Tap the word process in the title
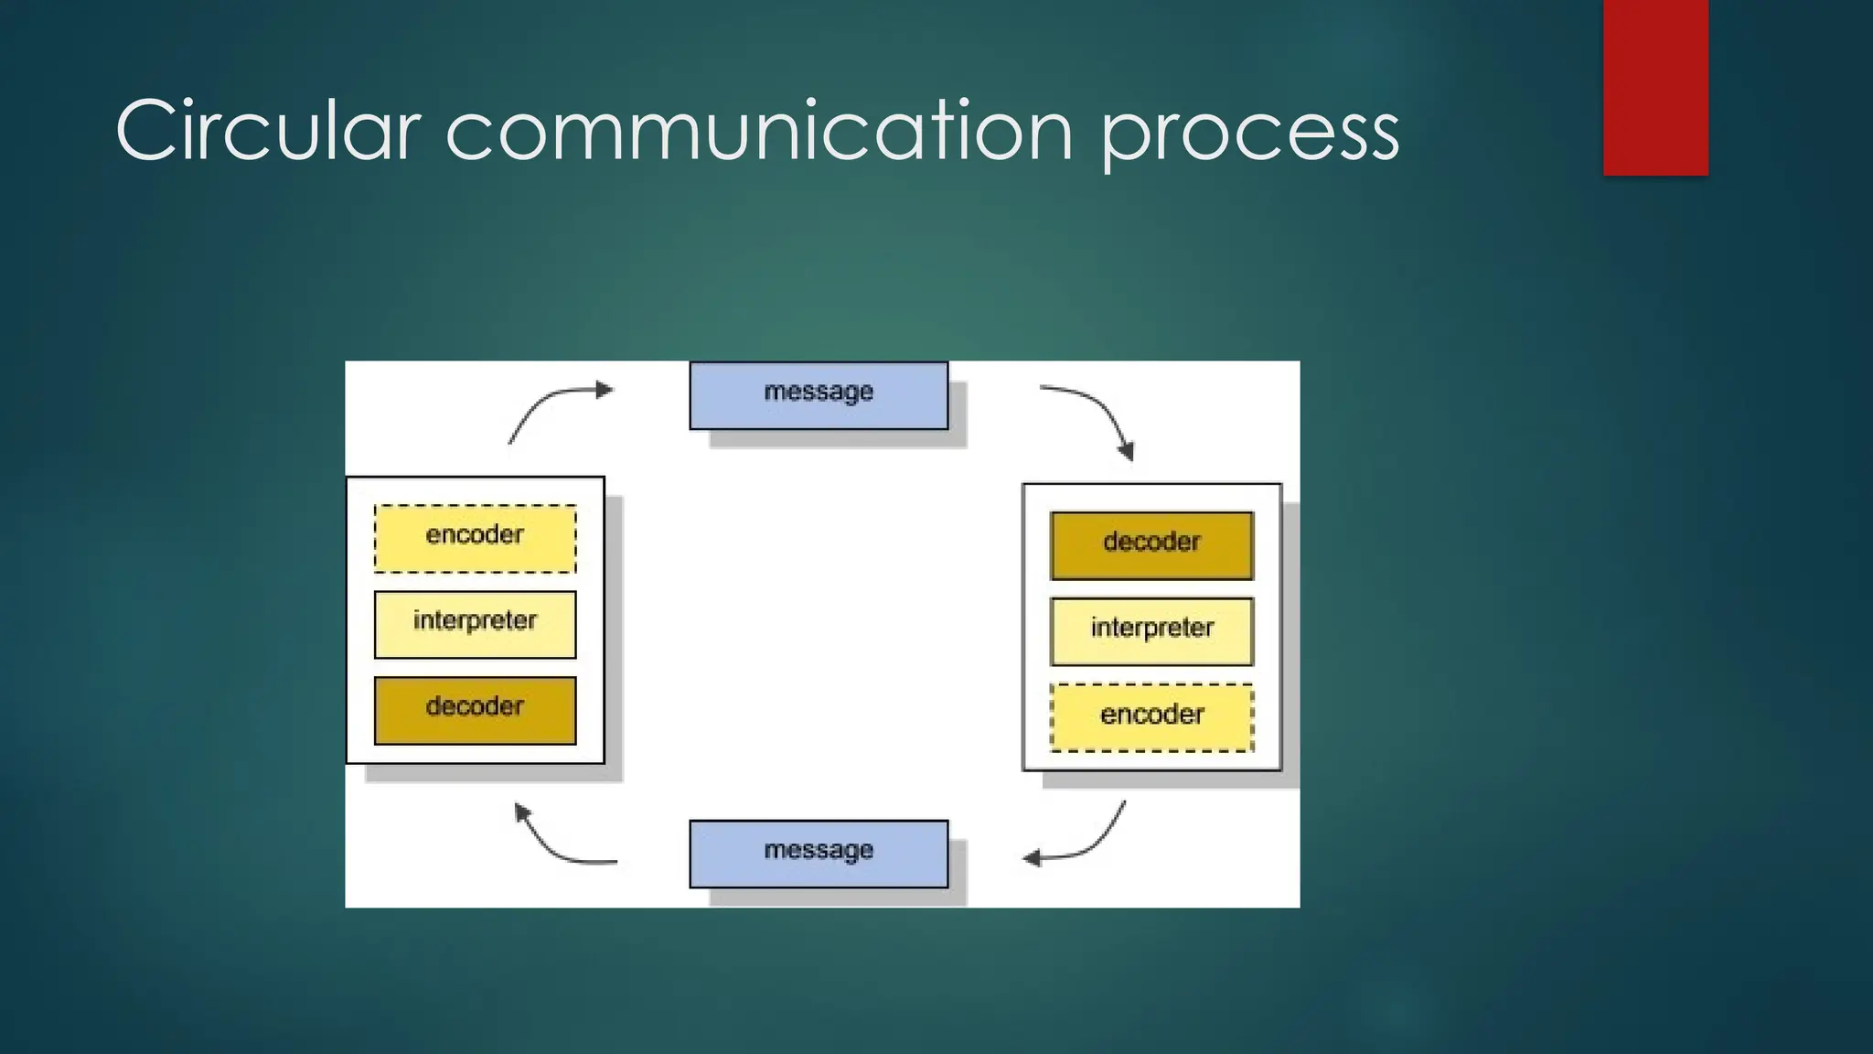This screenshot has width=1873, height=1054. pos(1248,134)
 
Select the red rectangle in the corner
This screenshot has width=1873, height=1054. pos(1655,87)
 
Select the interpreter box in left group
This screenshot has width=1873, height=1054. pos(475,625)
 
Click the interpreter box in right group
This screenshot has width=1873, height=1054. pos(1151,631)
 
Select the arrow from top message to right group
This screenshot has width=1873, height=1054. pos(1098,413)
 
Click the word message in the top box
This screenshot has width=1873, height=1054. pos(819,392)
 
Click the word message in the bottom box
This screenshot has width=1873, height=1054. pos(819,850)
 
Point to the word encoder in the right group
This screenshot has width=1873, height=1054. pos(1151,715)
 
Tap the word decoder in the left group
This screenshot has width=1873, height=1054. pos(475,706)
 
